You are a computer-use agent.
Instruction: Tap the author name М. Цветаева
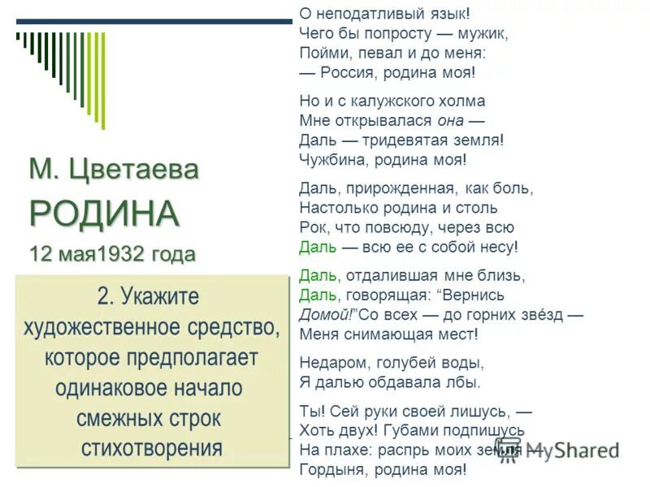click(114, 170)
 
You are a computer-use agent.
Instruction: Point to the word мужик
click(485, 34)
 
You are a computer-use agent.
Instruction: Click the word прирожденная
click(397, 189)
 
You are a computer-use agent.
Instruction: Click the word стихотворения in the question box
click(152, 447)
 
